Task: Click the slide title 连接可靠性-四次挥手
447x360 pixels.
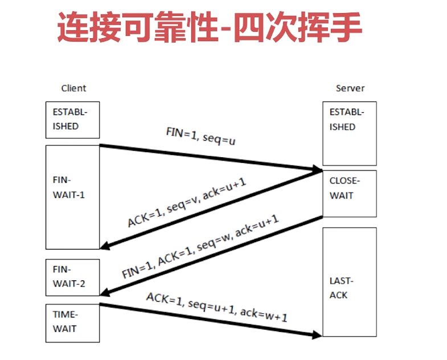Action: tap(209, 29)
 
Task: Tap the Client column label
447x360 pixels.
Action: tap(73, 88)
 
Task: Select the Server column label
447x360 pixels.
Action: tap(350, 88)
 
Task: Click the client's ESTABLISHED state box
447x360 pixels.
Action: tap(72, 120)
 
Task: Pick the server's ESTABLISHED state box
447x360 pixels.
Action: tap(350, 133)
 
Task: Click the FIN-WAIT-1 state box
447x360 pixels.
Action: tap(72, 197)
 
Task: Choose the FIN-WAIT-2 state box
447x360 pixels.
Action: tap(72, 277)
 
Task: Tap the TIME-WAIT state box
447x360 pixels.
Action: tap(72, 322)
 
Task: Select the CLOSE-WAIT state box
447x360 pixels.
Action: tap(350, 193)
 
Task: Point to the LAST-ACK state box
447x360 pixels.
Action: tap(350, 281)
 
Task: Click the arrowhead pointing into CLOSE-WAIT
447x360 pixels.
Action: tap(315, 169)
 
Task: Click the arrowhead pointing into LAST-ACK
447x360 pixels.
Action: tap(315, 335)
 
